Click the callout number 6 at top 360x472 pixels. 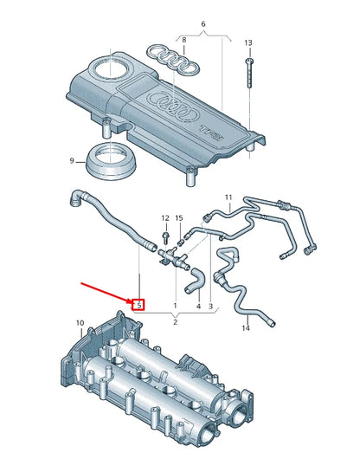[203, 23]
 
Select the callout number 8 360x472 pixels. [183, 40]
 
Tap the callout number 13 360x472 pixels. [247, 42]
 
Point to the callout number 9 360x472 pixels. [73, 160]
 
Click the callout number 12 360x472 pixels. [165, 217]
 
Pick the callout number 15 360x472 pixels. [179, 217]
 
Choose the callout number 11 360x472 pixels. [229, 198]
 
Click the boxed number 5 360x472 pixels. [138, 304]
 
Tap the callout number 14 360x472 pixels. [245, 328]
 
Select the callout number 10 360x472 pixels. [80, 324]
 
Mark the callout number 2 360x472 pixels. [175, 321]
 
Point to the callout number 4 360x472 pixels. [197, 306]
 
